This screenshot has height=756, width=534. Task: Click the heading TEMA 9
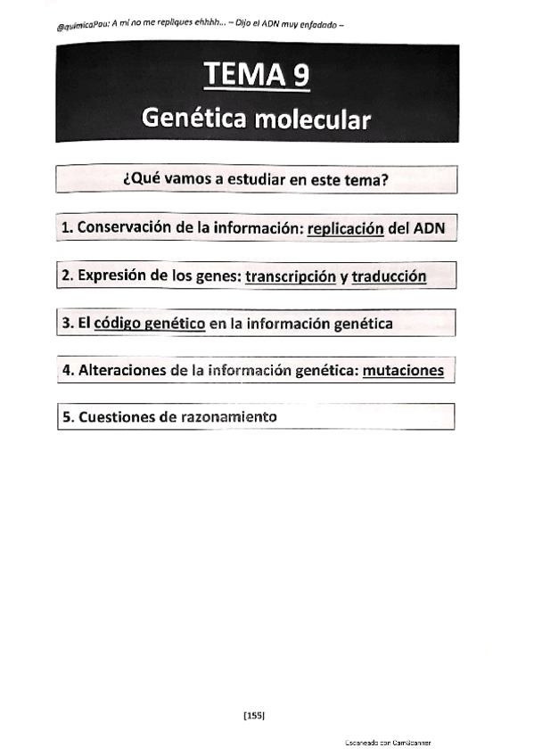click(x=257, y=75)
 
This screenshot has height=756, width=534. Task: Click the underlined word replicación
click(x=345, y=228)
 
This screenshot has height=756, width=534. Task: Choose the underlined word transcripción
click(x=291, y=276)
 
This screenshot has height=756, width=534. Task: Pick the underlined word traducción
click(x=389, y=276)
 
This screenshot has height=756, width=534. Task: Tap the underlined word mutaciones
click(x=403, y=370)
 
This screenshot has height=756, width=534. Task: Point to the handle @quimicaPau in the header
click(x=82, y=28)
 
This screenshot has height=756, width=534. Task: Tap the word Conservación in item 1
click(x=124, y=228)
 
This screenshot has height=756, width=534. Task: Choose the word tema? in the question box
click(x=366, y=180)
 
